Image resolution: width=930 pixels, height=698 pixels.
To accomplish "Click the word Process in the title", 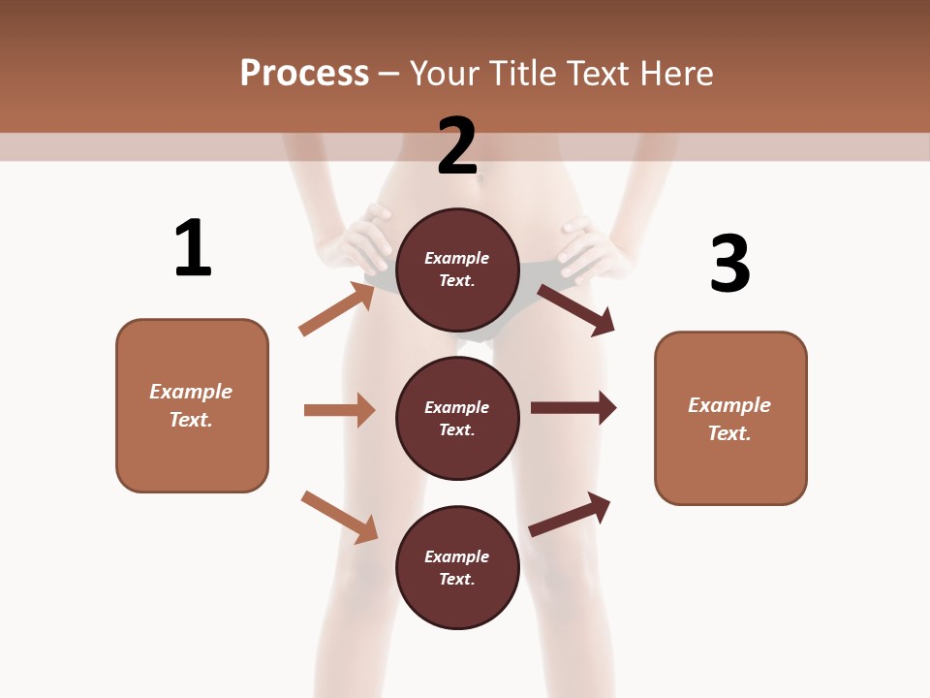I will coord(304,73).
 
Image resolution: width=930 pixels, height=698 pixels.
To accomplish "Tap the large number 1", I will coord(193,248).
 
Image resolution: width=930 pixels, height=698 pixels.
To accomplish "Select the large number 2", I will coord(457,146).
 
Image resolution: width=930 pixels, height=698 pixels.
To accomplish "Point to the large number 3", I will coord(730,264).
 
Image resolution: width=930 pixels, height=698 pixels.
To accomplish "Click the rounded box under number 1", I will coord(192,405).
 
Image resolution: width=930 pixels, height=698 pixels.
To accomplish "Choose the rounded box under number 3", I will coord(730,418).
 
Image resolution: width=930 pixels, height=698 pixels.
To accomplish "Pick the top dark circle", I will coord(457,269).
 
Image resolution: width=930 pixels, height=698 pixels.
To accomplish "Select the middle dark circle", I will coord(457,418).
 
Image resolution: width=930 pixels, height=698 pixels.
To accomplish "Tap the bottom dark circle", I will coord(457,567).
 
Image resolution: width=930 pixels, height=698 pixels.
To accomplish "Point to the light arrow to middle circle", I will coord(339,410).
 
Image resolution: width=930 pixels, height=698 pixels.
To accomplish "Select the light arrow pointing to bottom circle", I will coord(339,516).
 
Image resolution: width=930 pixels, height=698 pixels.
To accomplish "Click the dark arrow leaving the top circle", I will coord(576,309).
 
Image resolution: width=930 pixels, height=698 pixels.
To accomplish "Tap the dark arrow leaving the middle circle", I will coord(573,408).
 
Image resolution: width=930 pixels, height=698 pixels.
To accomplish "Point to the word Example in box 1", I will coord(191,392).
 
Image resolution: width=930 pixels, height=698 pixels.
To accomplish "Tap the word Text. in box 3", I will coord(729,433).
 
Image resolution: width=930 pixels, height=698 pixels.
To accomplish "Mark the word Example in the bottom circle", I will coord(457,556).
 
